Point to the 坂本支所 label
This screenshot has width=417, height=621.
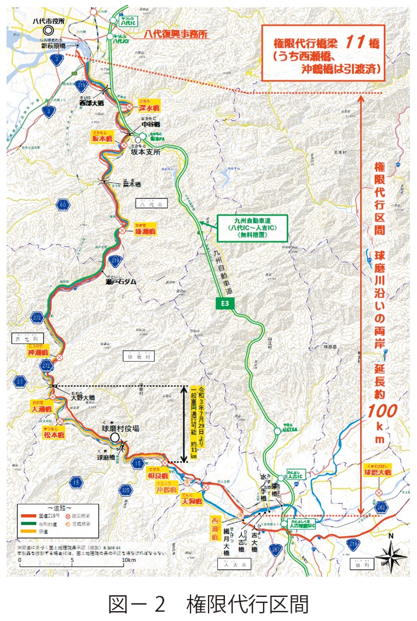(x=145, y=153)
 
